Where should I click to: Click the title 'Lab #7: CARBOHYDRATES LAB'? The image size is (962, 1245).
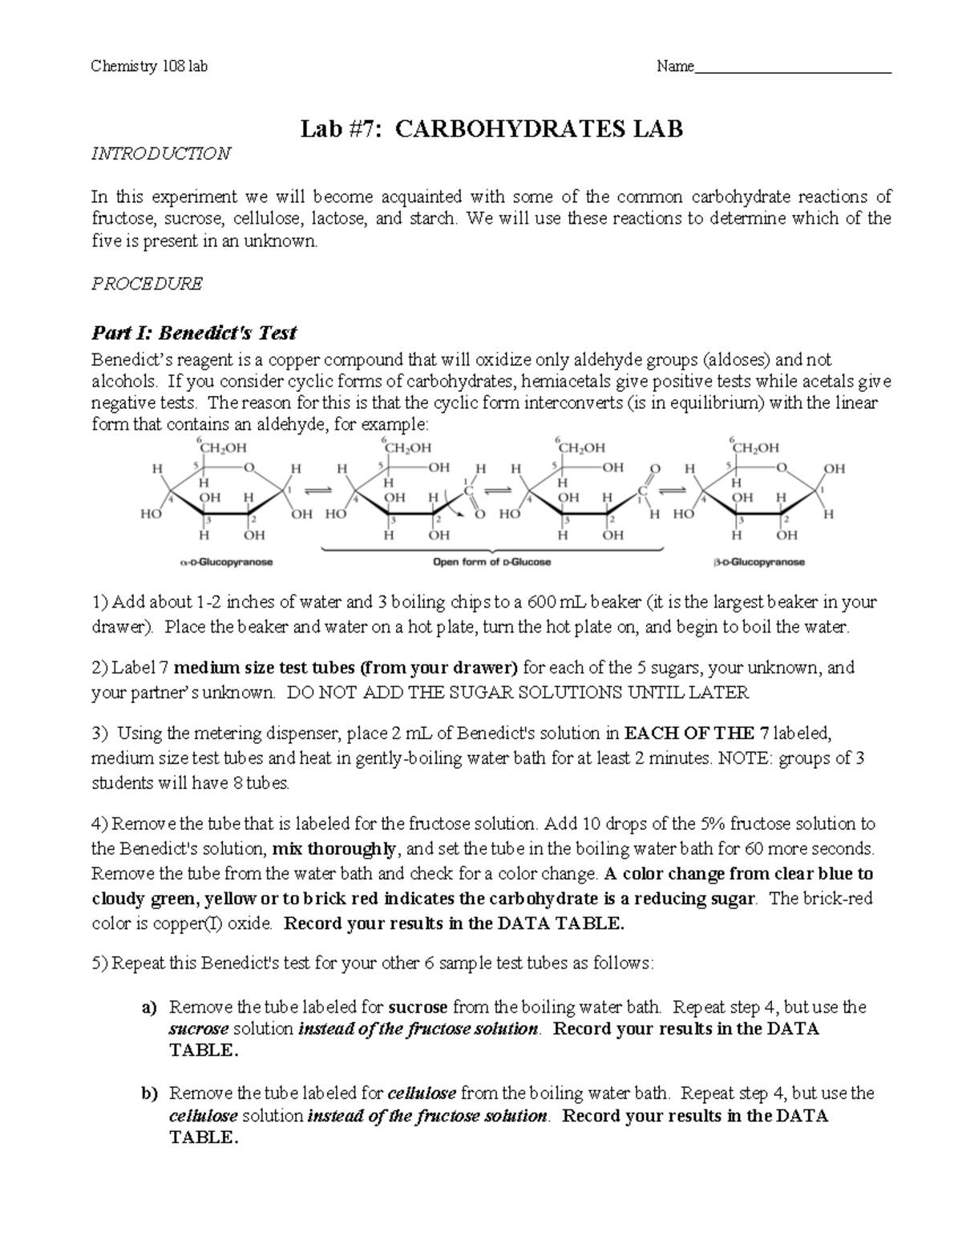pos(491,128)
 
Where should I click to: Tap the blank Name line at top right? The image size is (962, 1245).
pos(793,69)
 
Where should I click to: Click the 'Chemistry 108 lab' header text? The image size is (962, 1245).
pos(150,67)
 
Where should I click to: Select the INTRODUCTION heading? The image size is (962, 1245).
pos(161,153)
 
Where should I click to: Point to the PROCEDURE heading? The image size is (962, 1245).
pos(147,284)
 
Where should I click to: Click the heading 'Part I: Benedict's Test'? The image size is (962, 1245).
pos(194,332)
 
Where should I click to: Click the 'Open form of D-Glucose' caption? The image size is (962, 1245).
pos(491,563)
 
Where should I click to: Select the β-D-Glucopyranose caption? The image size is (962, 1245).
pos(758,563)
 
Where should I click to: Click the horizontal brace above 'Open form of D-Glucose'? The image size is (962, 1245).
pos(491,550)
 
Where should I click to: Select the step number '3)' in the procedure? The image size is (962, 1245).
pos(99,733)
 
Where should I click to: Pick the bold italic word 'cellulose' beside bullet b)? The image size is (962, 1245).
pos(422,1093)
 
